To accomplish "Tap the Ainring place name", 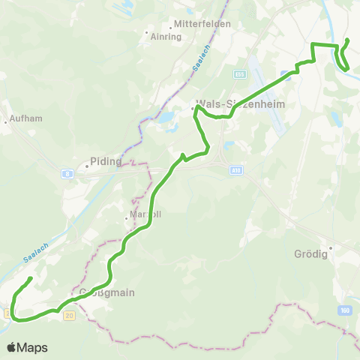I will [x=166, y=36].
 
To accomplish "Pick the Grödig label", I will [x=307, y=253].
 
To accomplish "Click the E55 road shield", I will [x=239, y=74].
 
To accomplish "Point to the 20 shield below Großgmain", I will [x=70, y=316].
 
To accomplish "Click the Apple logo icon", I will [x=13, y=347].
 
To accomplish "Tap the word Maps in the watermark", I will [x=34, y=347].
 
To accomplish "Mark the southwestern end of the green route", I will [x=30, y=279].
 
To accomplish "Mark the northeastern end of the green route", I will [x=347, y=39].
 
